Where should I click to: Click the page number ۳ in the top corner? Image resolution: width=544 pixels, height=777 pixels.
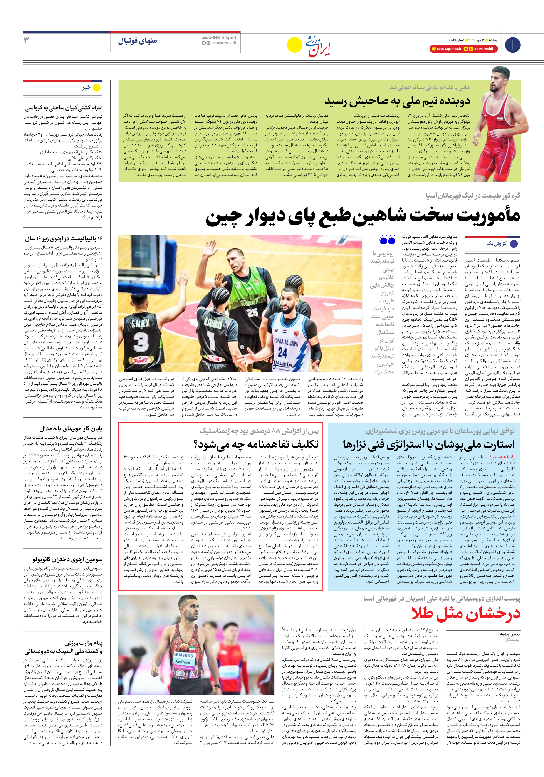click(26, 41)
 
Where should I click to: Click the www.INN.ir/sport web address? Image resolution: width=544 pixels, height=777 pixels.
click(219, 38)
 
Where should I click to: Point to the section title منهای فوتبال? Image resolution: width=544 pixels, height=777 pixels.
click(138, 41)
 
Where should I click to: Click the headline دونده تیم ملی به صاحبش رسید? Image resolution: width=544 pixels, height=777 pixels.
click(397, 101)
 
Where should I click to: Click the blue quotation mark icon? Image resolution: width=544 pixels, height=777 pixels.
click(387, 240)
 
